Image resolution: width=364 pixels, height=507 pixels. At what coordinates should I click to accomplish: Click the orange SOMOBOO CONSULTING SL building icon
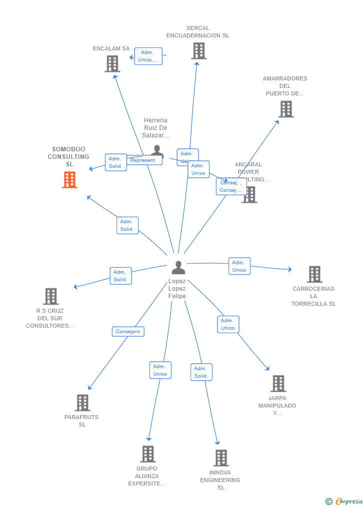69,180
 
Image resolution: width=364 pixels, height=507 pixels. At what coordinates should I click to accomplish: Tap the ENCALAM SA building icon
112,64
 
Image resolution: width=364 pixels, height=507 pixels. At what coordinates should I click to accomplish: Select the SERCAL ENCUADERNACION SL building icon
198,51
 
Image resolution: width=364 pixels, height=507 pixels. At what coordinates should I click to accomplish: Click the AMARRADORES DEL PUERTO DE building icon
285,109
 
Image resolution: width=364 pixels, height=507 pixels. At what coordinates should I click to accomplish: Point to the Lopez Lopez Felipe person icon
178,268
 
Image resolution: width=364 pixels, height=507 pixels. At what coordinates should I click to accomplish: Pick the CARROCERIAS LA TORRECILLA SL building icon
314,274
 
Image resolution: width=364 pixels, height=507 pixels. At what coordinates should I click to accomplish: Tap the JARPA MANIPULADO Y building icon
278,384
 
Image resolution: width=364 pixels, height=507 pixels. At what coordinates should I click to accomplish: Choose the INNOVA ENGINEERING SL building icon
220,458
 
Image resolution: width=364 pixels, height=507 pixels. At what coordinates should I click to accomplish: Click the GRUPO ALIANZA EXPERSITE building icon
147,454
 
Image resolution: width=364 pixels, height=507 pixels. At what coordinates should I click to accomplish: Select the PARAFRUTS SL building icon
82,403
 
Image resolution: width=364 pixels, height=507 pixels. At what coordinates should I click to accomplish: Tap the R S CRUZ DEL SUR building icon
50,296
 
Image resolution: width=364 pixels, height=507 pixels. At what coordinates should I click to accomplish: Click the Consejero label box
128,332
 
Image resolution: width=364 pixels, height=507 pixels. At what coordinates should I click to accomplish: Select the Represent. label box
144,160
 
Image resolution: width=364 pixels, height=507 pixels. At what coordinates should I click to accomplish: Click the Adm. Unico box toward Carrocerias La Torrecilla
239,266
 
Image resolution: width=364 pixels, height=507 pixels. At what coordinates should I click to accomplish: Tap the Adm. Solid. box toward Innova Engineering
201,372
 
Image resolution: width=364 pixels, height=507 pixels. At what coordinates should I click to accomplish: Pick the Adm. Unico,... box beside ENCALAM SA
148,56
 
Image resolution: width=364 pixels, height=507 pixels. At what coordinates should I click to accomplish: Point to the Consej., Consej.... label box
231,186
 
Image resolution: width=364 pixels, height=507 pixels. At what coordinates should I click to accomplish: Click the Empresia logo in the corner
344,501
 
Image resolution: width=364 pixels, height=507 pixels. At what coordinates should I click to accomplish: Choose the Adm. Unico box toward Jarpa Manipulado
228,324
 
